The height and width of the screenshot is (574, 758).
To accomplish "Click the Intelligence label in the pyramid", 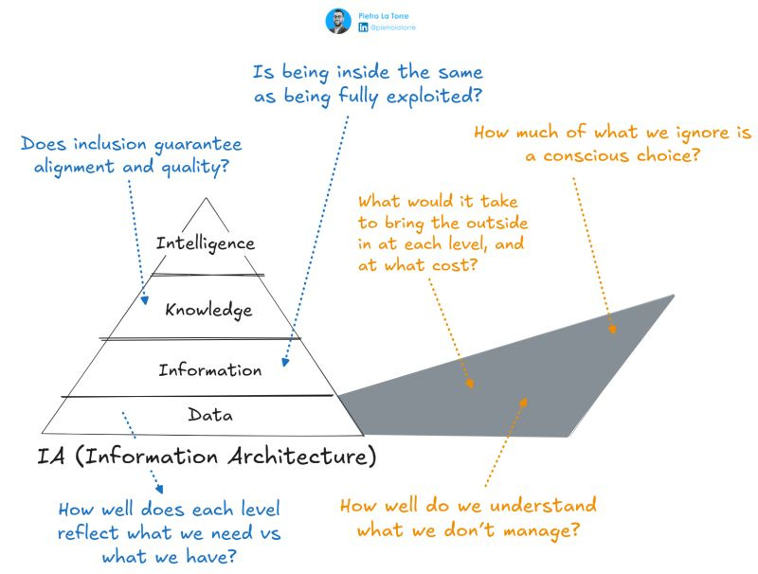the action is [206, 242].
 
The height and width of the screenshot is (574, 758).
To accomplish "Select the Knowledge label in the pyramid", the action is [208, 309].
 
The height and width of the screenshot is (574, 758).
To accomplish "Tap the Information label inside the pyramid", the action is [210, 369].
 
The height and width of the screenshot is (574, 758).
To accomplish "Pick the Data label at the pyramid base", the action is [210, 414].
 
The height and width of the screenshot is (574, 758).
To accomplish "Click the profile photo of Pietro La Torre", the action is [338, 22].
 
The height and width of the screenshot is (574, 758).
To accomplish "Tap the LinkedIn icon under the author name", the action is [364, 28].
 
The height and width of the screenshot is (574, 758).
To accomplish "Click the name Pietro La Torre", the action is [383, 15].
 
